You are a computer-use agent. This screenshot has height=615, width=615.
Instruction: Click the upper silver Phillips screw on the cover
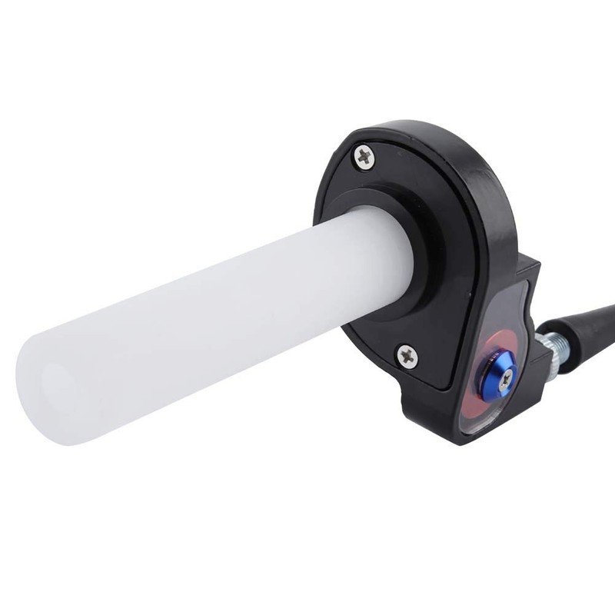pyautogui.click(x=364, y=158)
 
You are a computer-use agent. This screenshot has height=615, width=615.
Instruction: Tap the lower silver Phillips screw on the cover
pyautogui.click(x=407, y=355)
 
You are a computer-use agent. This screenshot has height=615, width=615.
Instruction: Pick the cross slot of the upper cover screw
pyautogui.click(x=364, y=158)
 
